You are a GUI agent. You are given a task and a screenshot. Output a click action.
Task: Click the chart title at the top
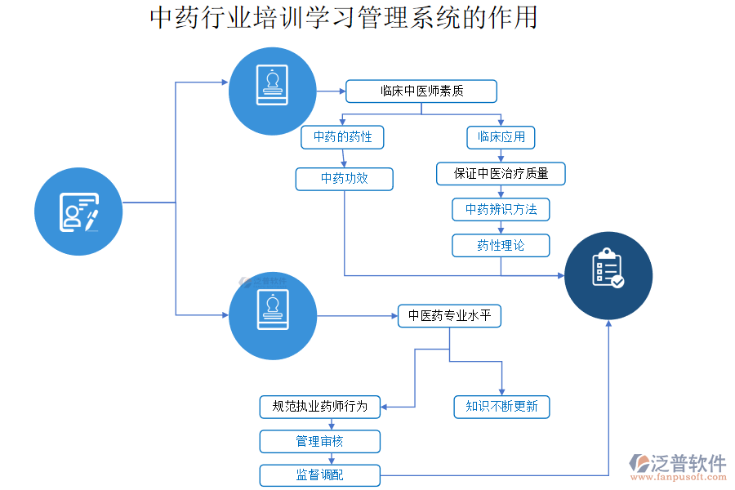pyautogui.click(x=344, y=18)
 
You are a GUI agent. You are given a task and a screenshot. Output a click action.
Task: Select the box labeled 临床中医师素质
pyautogui.click(x=421, y=91)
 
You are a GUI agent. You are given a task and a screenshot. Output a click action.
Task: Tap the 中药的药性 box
pyautogui.click(x=342, y=137)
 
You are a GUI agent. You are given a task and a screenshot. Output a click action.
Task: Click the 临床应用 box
pyautogui.click(x=501, y=137)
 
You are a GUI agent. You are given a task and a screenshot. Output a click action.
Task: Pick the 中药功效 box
pyautogui.click(x=344, y=178)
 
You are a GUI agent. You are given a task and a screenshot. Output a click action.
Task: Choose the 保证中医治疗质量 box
pyautogui.click(x=501, y=173)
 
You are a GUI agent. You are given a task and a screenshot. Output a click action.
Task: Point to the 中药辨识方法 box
pyautogui.click(x=501, y=210)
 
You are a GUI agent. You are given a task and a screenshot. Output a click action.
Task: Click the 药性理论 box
pyautogui.click(x=501, y=245)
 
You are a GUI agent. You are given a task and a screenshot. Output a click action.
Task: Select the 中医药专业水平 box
pyautogui.click(x=449, y=316)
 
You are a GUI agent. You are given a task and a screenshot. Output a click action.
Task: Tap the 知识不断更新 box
pyautogui.click(x=501, y=407)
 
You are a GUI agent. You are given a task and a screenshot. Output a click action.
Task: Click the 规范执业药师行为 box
pyautogui.click(x=320, y=406)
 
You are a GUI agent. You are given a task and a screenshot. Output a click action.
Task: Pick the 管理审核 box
pyautogui.click(x=320, y=442)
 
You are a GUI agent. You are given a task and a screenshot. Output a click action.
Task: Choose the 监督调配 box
pyautogui.click(x=320, y=475)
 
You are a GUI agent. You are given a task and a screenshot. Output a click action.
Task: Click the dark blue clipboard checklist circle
pyautogui.click(x=608, y=274)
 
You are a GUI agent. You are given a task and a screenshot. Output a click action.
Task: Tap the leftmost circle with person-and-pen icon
pyautogui.click(x=78, y=212)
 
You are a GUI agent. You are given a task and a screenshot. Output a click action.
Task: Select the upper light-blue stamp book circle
pyautogui.click(x=272, y=91)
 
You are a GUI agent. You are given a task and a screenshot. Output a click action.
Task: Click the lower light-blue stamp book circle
pyautogui.click(x=272, y=316)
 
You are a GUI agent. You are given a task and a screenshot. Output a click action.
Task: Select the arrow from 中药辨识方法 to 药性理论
pyautogui.click(x=501, y=228)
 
